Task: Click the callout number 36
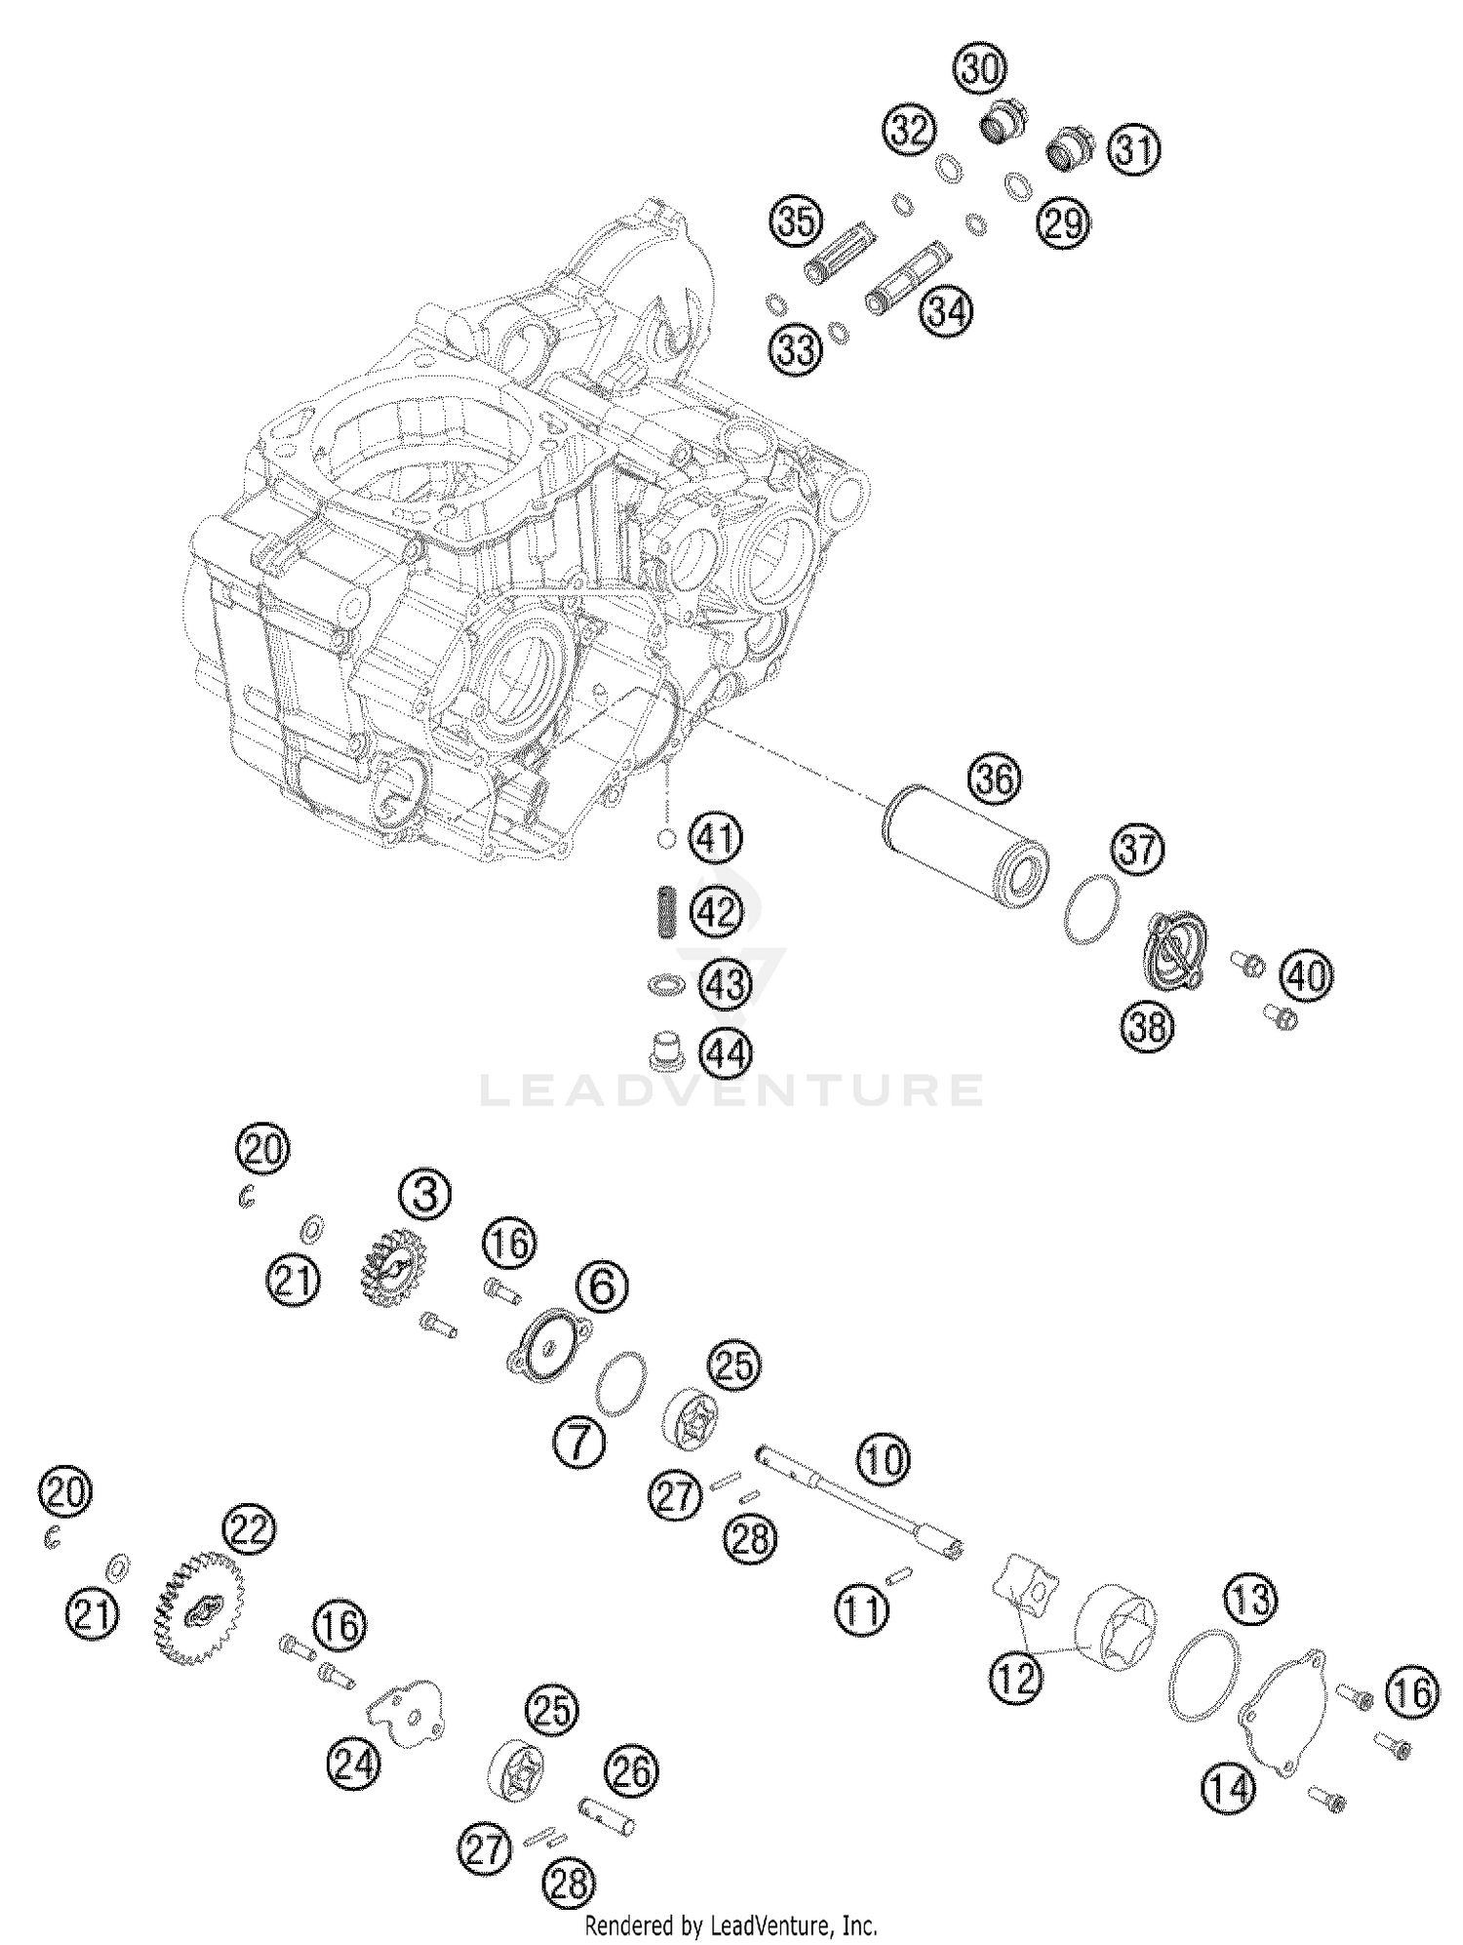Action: tap(995, 779)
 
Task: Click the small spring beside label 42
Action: tap(663, 911)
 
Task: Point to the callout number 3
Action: tap(425, 1195)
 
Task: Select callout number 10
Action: tap(883, 1460)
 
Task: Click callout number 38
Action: tap(1148, 1026)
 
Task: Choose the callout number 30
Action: tap(980, 69)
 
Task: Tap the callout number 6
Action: tap(603, 1287)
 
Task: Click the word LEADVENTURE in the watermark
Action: tap(731, 1090)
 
